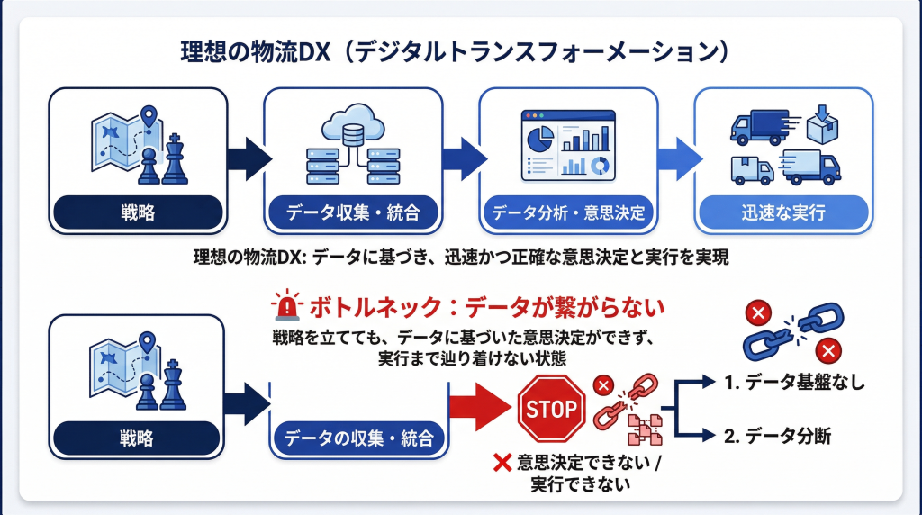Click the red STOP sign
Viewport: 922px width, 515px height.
pyautogui.click(x=551, y=409)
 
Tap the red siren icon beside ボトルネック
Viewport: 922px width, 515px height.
pyautogui.click(x=286, y=304)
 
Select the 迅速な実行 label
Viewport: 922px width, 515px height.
pyautogui.click(x=783, y=212)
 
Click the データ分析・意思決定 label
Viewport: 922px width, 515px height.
pyautogui.click(x=568, y=212)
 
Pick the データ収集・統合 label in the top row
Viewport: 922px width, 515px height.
pyautogui.click(x=353, y=212)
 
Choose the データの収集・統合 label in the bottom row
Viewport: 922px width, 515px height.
pyautogui.click(x=358, y=438)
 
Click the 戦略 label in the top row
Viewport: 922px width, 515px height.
pyautogui.click(x=138, y=212)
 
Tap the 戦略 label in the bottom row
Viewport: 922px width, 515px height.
pyautogui.click(x=137, y=438)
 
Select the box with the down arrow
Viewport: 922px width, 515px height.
pyautogui.click(x=822, y=124)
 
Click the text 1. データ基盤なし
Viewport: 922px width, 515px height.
pyautogui.click(x=794, y=383)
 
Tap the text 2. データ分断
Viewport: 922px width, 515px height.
pyautogui.click(x=777, y=437)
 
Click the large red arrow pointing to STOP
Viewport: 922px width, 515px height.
pyautogui.click(x=480, y=407)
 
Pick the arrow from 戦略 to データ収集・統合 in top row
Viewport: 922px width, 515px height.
pyautogui.click(x=249, y=158)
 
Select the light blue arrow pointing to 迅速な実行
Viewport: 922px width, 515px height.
pyautogui.click(x=680, y=158)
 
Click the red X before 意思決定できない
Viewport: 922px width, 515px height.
pyautogui.click(x=502, y=463)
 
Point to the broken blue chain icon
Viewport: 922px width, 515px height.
pyautogui.click(x=793, y=331)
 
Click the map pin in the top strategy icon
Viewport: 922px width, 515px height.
pyautogui.click(x=149, y=116)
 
